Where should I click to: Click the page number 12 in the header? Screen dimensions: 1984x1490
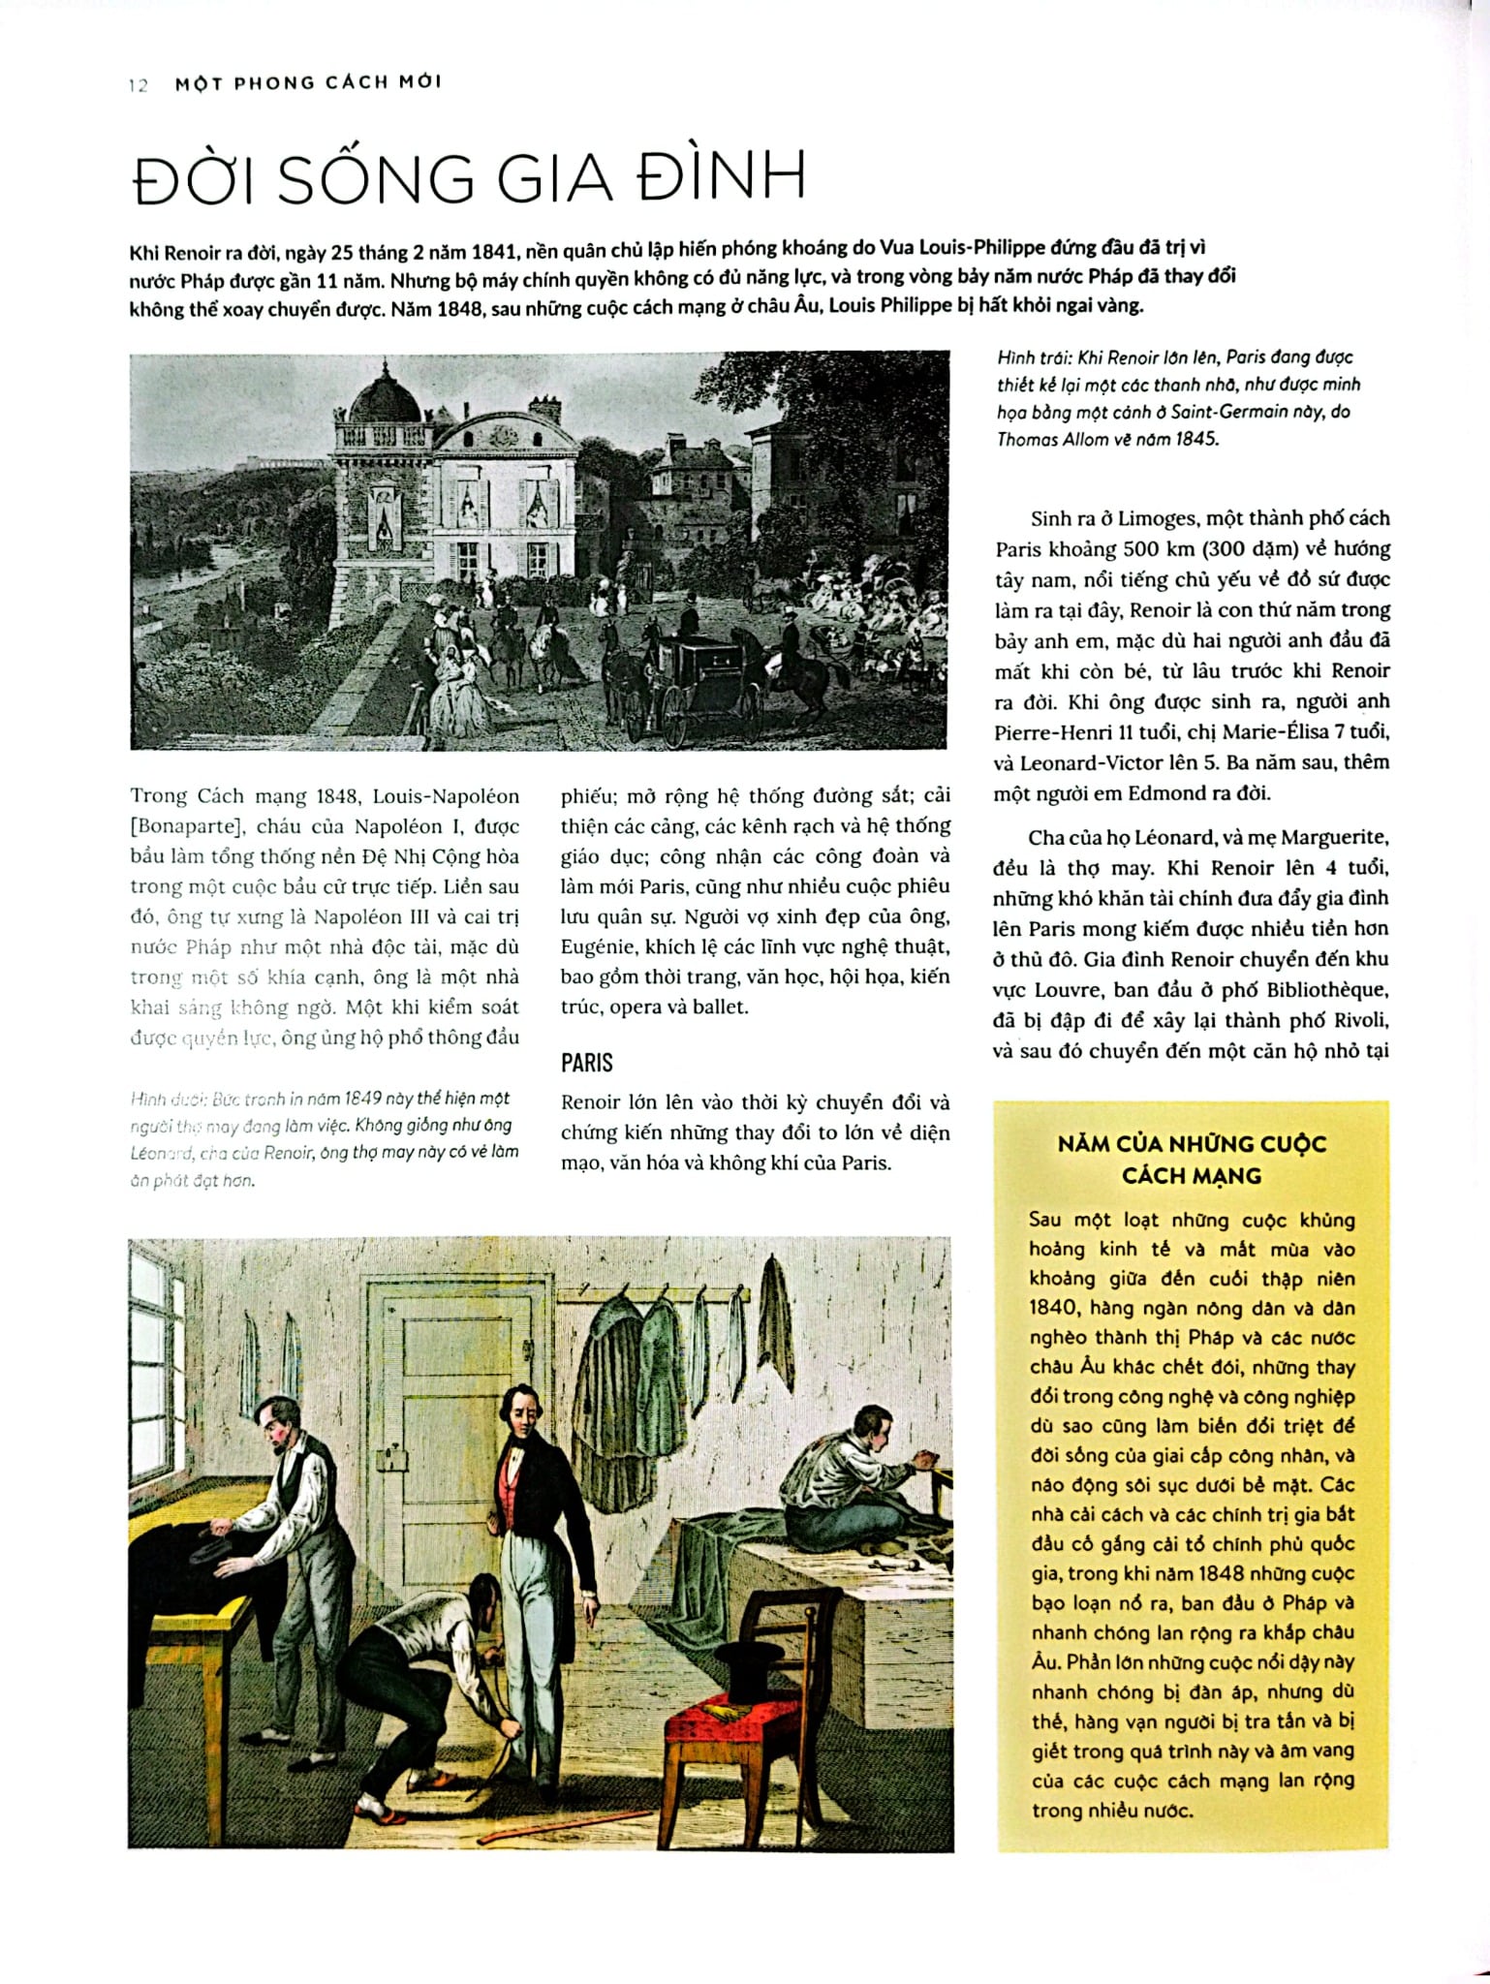[x=138, y=85]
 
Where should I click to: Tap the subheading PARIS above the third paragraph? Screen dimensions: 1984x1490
[x=586, y=1063]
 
